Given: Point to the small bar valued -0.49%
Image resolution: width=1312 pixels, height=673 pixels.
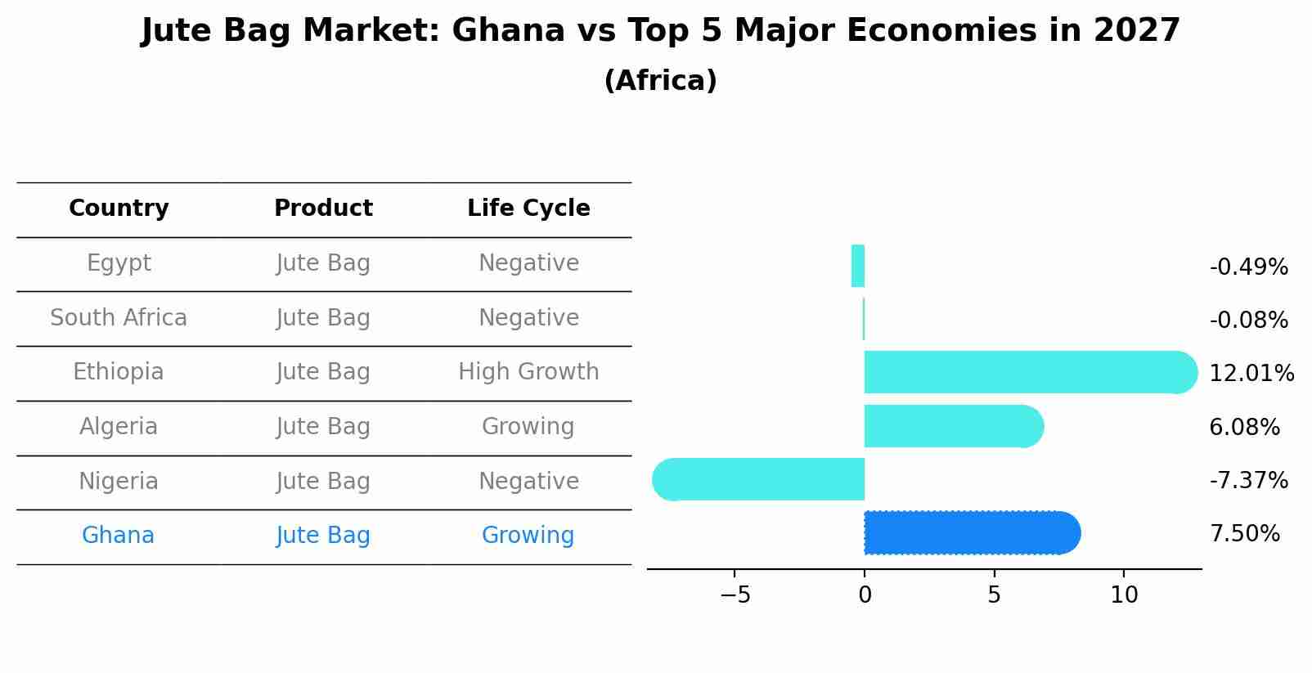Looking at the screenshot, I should [x=858, y=267].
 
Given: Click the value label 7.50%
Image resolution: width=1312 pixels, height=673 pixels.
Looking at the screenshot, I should [x=1244, y=534].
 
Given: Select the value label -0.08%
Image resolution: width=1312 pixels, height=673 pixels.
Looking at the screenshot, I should [x=1248, y=320].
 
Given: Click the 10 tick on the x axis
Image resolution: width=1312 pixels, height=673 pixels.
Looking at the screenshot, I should [x=1124, y=595].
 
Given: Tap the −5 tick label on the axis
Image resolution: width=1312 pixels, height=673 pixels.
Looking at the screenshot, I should [x=735, y=595].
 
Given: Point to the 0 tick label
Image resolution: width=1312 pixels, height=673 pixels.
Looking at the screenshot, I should [x=865, y=595].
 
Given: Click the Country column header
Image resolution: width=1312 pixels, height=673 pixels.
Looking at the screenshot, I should [x=119, y=209].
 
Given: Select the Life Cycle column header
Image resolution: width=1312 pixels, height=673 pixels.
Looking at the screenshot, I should [x=528, y=209].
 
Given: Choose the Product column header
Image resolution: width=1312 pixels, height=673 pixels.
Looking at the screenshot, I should [x=323, y=209].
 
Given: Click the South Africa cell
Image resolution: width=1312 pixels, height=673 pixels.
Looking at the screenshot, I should [x=119, y=318].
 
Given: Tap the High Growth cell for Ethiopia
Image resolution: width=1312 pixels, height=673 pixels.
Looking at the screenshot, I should [x=528, y=372].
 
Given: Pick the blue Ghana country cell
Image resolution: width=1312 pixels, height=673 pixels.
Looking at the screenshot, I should [x=118, y=536].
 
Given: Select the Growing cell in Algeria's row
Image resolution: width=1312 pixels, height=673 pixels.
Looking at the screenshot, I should [x=528, y=427].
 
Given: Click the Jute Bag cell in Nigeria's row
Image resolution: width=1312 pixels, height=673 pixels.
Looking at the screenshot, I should [x=323, y=482].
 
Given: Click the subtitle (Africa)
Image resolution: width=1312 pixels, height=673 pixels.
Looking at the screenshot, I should [x=660, y=81].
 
